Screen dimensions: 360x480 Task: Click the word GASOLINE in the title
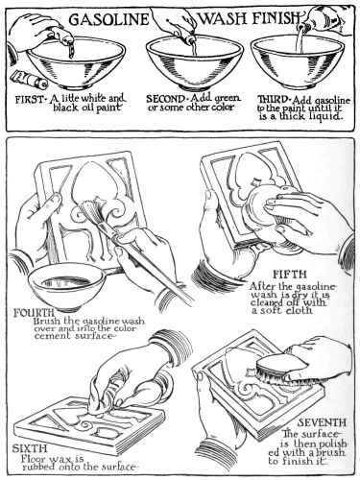click(108, 19)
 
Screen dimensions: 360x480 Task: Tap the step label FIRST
click(29, 100)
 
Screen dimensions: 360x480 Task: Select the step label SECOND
click(165, 99)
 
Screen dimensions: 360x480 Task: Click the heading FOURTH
click(34, 312)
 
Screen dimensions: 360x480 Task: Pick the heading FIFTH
click(290, 275)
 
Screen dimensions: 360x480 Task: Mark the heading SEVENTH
click(322, 422)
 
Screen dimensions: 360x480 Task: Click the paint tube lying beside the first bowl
click(29, 80)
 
